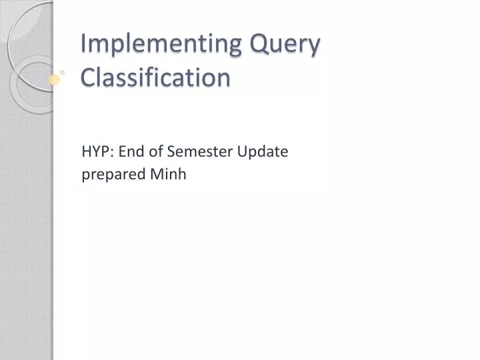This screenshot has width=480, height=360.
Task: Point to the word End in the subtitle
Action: click(128, 151)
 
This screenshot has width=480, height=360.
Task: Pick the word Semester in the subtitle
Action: click(191, 151)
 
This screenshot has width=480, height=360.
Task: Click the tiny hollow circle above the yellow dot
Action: click(63, 70)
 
